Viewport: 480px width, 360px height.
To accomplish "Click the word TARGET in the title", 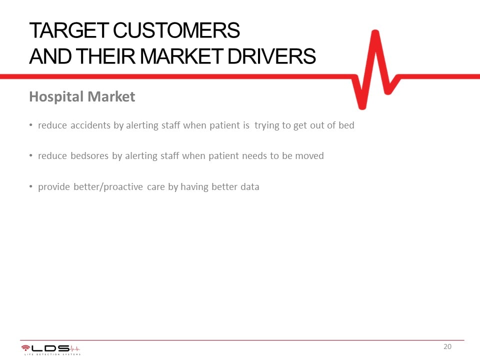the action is coord(69,30).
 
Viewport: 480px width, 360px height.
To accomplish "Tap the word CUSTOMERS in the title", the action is coord(176,30).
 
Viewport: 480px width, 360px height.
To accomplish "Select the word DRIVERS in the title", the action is coord(271,56).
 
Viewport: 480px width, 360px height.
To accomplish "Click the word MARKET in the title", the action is coord(181,56).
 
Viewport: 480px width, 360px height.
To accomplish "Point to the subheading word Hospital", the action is coord(56,96).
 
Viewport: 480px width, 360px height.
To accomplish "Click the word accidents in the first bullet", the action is coord(90,125).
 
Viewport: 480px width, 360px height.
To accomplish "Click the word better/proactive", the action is coord(108,186).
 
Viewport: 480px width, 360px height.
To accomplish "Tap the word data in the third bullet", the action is coord(250,186).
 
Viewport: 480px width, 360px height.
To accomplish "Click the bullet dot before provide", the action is coord(31,186).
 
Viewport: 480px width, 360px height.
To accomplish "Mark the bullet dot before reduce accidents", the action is coord(31,124).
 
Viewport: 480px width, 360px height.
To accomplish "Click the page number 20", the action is coord(447,346).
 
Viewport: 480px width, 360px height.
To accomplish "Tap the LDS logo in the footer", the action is coord(50,349).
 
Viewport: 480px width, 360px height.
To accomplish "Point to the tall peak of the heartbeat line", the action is coord(375,32).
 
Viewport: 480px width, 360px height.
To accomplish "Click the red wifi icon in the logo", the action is coord(25,348).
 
